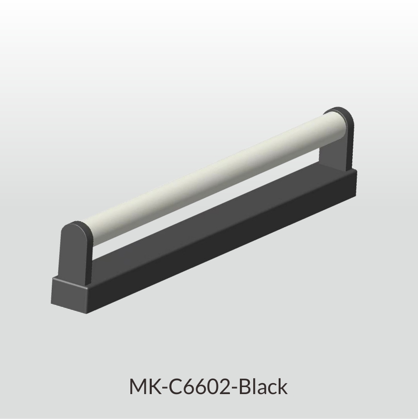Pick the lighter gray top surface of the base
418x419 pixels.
click(x=206, y=214)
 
